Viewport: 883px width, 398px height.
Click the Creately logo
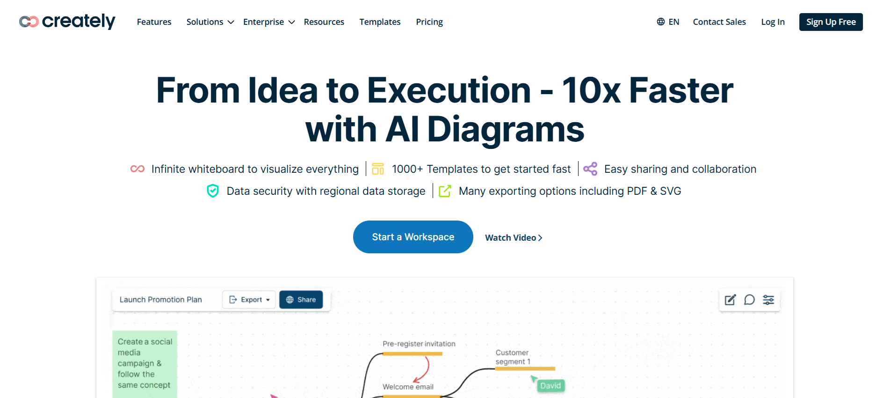[67, 22]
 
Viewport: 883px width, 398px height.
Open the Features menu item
[154, 22]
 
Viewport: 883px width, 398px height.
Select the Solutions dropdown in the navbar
[210, 22]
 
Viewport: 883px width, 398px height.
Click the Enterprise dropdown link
[269, 22]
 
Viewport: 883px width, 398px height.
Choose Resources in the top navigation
[324, 22]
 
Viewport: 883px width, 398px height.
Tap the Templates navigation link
[380, 22]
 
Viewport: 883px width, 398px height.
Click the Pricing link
[429, 22]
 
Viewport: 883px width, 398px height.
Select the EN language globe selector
[668, 22]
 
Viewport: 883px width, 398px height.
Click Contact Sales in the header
[719, 22]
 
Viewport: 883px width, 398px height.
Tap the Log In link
[773, 22]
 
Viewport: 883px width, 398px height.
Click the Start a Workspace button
[413, 237]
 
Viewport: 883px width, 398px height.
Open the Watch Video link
[514, 238]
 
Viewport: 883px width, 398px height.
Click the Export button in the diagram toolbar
[249, 300]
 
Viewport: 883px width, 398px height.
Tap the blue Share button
[301, 300]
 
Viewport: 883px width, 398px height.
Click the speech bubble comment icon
[749, 300]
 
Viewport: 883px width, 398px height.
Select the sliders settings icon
[768, 300]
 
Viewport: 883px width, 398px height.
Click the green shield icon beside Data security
[213, 191]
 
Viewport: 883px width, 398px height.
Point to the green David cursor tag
[550, 385]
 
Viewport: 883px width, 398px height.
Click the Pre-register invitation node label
[419, 344]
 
